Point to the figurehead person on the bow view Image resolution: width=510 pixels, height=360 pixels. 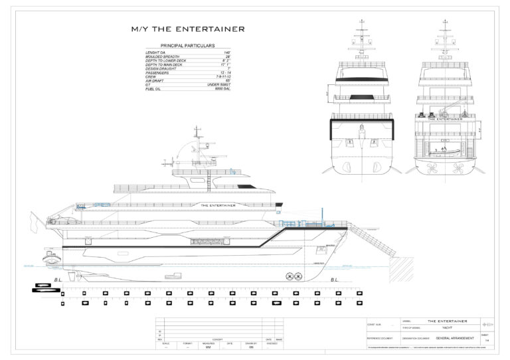pyautogui.click(x=361, y=131)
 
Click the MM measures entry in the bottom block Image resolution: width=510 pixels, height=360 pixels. pyautogui.click(x=208, y=347)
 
